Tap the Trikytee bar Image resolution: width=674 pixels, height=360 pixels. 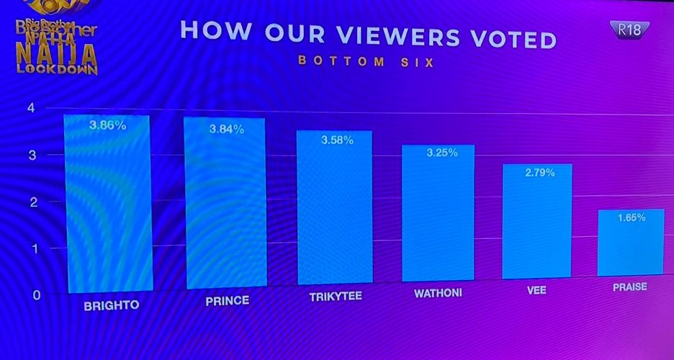click(334, 209)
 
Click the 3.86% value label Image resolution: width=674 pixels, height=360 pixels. click(108, 125)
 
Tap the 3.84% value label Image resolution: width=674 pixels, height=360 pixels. click(226, 130)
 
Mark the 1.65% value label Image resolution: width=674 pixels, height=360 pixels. click(632, 217)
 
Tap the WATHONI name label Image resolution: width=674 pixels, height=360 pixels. click(438, 294)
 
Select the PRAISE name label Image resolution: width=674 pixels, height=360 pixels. click(629, 287)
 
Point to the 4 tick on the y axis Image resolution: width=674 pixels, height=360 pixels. click(30, 109)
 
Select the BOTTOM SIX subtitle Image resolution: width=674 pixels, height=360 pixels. click(367, 62)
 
